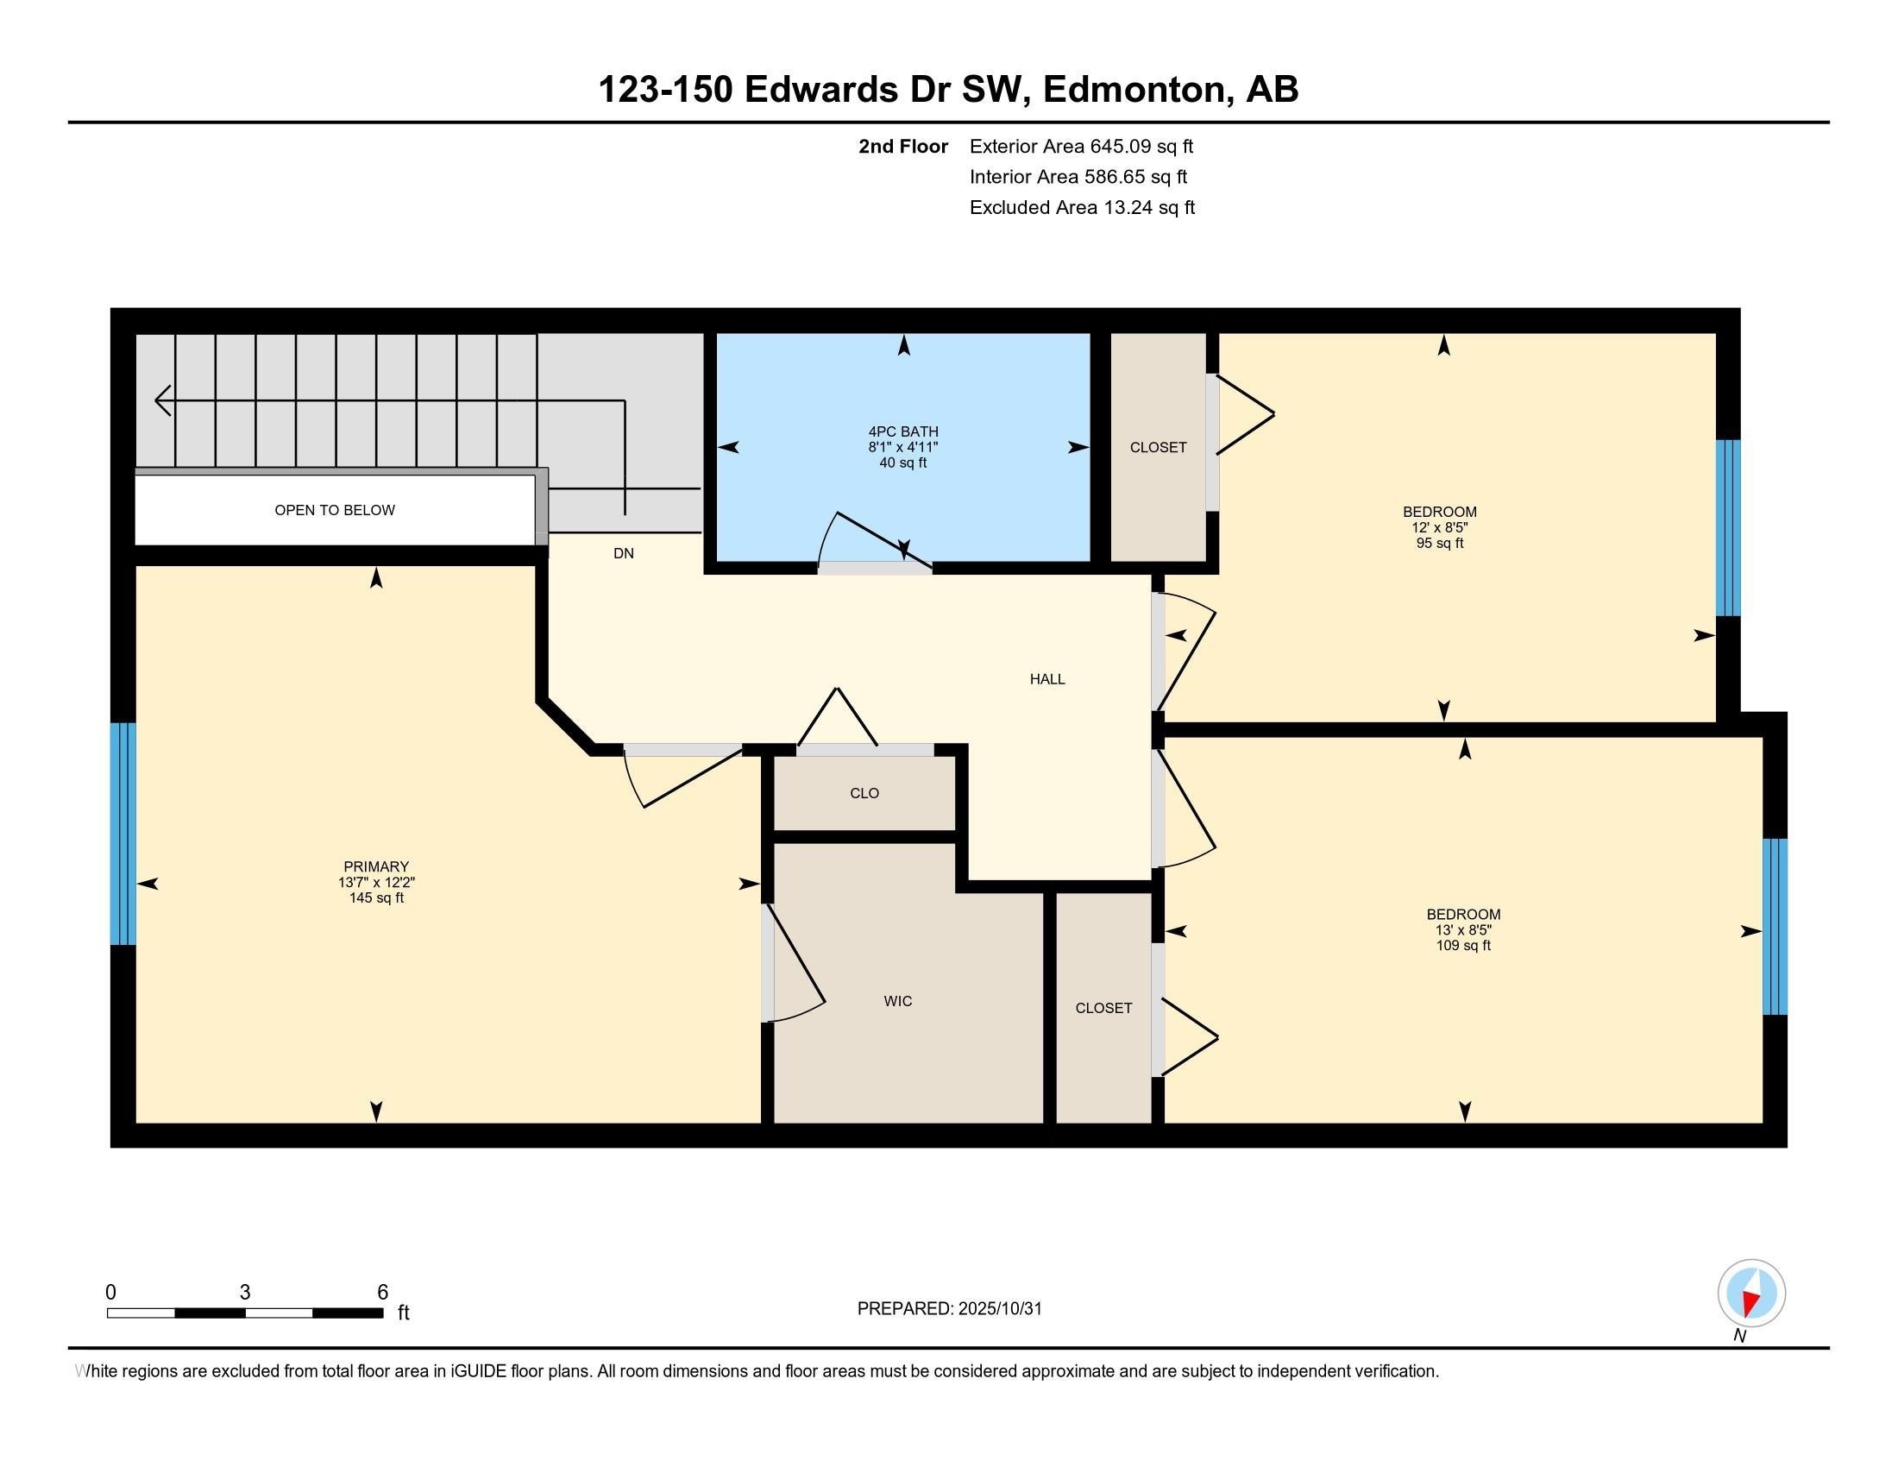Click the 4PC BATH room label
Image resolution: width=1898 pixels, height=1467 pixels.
(x=903, y=432)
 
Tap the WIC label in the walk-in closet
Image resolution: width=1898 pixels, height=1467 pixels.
(x=898, y=1001)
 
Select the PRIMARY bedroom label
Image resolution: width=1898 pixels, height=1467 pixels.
(x=375, y=866)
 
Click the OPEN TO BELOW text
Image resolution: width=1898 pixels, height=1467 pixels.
(x=335, y=510)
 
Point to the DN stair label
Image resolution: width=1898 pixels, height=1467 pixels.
(x=623, y=554)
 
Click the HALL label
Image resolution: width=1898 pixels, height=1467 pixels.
(x=1047, y=680)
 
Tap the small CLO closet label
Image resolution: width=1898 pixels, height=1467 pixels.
(x=864, y=793)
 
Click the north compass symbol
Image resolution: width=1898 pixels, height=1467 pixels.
(x=1751, y=1294)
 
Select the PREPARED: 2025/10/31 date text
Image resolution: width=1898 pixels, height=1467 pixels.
(x=949, y=1309)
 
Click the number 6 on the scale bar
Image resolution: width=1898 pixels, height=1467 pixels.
(x=382, y=1293)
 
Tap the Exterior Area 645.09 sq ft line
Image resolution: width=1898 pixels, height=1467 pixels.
(x=1081, y=147)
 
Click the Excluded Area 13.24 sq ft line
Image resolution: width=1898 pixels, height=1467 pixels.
(x=1082, y=208)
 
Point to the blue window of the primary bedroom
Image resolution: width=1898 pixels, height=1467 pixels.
(x=123, y=834)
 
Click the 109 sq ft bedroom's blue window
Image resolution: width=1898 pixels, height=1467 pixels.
(x=1774, y=927)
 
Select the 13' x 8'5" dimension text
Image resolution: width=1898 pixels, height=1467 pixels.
(x=1463, y=930)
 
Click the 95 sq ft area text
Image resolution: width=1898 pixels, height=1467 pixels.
(x=1439, y=544)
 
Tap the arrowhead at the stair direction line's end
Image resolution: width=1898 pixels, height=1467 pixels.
(x=161, y=400)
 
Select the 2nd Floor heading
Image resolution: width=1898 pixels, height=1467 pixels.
(x=902, y=147)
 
